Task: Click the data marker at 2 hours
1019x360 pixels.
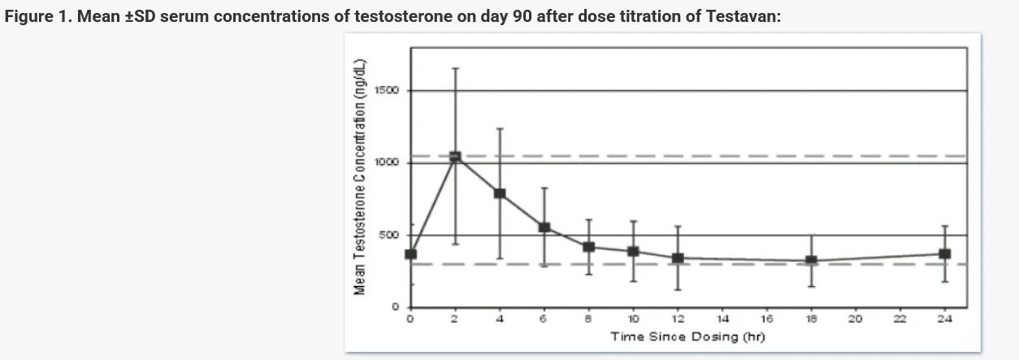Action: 455,157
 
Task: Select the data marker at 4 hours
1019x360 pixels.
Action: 500,193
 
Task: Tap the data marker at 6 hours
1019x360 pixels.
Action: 544,228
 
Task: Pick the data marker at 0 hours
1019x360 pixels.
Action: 410,254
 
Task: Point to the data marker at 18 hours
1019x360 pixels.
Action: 811,261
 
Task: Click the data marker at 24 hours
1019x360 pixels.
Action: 944,254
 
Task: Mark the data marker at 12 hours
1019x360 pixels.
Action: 678,258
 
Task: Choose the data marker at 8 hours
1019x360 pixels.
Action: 589,246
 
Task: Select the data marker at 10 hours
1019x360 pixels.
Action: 633,251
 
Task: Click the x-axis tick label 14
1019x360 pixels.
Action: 722,319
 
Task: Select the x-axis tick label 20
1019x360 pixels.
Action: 855,319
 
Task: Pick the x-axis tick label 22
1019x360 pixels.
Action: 900,319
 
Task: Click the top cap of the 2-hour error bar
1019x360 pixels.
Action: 455,68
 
